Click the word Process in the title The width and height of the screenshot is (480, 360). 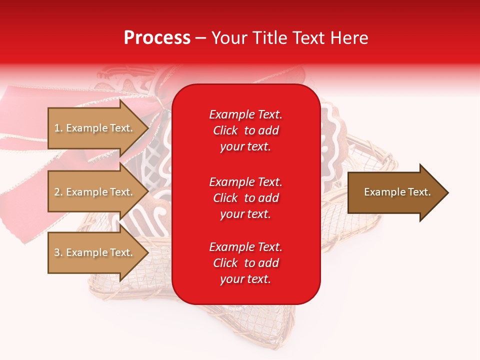coord(157,38)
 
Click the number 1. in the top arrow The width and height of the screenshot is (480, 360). coord(58,128)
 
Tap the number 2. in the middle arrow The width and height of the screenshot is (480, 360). coord(58,192)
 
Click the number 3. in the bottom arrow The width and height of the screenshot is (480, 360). coord(58,253)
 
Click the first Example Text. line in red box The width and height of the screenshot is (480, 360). coord(245,114)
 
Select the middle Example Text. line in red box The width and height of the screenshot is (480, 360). coord(245,182)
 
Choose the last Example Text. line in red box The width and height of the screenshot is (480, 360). coord(245,247)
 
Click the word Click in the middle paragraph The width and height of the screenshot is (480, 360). coord(225,198)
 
